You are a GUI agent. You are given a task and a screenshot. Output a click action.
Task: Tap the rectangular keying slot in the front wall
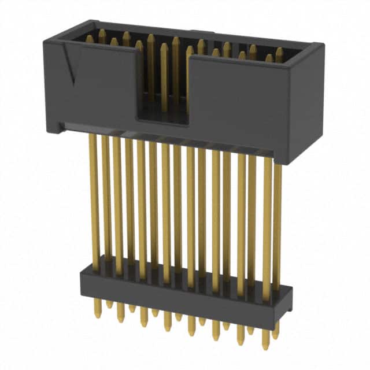pyautogui.click(x=164, y=87)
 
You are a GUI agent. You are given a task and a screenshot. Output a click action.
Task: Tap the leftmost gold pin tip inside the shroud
pyautogui.click(x=90, y=39)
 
